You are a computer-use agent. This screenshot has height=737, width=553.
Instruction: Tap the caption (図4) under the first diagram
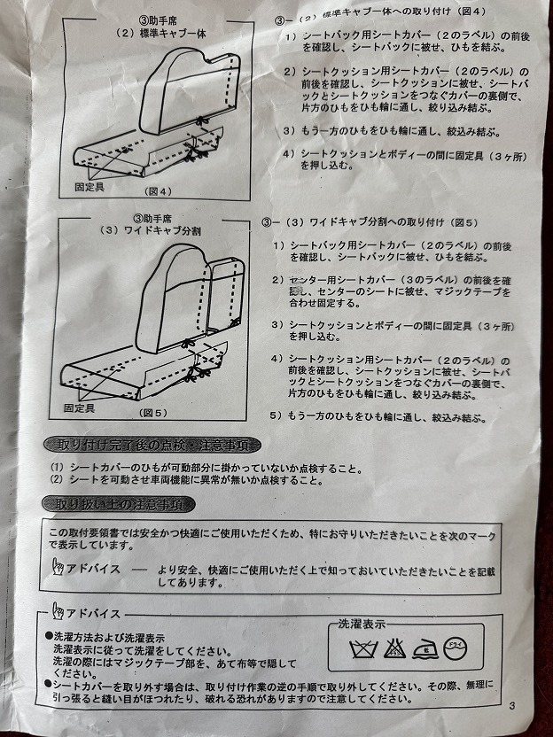[148, 190]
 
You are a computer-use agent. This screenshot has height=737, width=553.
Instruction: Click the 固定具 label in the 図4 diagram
[90, 187]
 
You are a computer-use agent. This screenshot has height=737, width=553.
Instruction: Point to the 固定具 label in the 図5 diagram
[81, 408]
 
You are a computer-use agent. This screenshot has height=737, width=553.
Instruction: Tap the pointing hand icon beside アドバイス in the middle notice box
[57, 568]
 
